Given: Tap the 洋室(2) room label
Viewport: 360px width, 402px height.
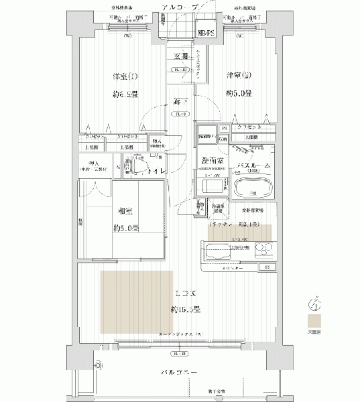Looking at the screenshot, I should (238, 75).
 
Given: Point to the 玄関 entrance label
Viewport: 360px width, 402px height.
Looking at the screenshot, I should (180, 57).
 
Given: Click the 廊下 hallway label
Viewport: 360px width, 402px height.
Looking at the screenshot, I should (179, 100).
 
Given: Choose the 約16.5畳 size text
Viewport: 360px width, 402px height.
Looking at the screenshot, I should (184, 310).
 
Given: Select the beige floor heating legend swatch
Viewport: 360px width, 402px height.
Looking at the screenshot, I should (314, 320).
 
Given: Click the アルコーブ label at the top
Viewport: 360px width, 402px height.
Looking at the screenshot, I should (179, 7).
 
